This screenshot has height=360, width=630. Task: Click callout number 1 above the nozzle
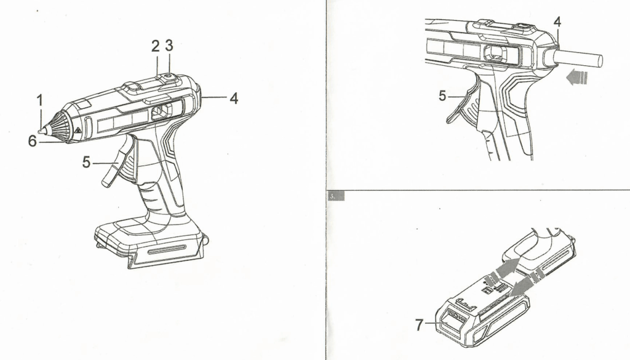pos(40,100)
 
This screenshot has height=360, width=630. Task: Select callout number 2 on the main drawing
pos(156,46)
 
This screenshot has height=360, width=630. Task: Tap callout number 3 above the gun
pos(169,46)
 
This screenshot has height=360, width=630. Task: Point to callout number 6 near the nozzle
pos(33,141)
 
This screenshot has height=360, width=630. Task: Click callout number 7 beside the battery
pos(419,324)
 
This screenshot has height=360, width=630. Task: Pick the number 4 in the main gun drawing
pos(234,98)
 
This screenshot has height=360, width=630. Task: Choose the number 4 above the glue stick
pos(557,22)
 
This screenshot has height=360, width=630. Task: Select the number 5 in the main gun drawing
pos(86,162)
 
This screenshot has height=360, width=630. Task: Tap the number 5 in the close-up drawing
pos(442,96)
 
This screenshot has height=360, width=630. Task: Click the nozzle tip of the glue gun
pos(41,130)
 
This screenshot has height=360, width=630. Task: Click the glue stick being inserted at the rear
pos(578,59)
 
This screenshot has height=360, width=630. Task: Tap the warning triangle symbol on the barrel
pos(76,130)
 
